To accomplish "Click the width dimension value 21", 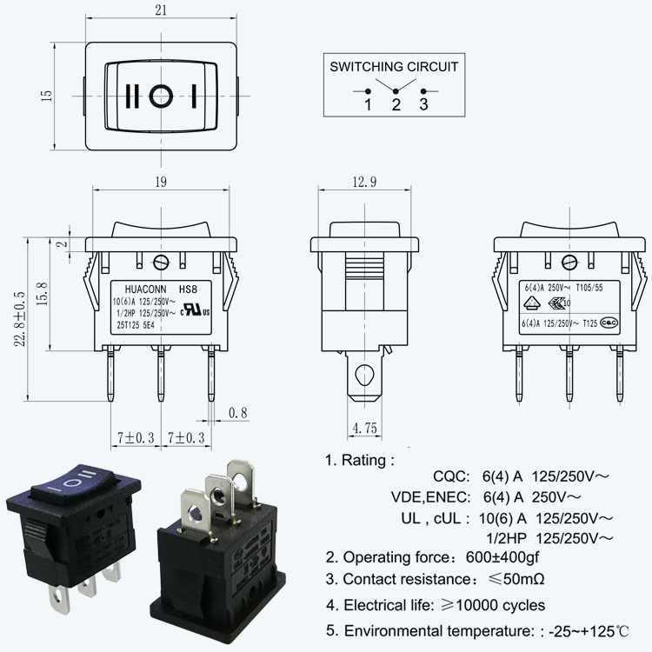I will pyautogui.click(x=160, y=10).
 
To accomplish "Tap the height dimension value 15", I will pyautogui.click(x=47, y=95).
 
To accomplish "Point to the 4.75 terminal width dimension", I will pyautogui.click(x=365, y=428).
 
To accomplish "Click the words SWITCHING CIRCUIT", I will pyautogui.click(x=393, y=66).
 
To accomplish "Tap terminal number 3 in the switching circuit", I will pyautogui.click(x=424, y=105).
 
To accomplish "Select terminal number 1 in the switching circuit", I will pyautogui.click(x=368, y=105).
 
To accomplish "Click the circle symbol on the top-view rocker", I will pyautogui.click(x=160, y=96).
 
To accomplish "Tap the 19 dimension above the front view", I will pyautogui.click(x=160, y=183).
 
